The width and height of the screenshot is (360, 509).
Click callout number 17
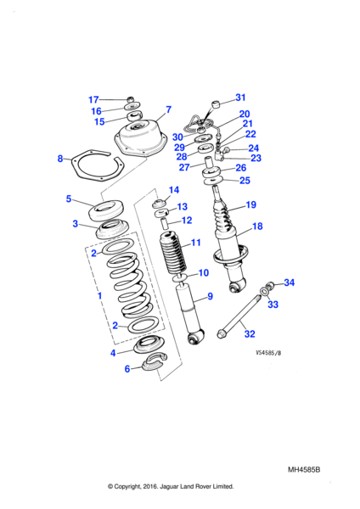tap(94, 99)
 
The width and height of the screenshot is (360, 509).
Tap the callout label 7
tap(168, 109)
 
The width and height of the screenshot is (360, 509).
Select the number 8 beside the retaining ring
tap(60, 159)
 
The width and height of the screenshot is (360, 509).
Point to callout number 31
tap(239, 97)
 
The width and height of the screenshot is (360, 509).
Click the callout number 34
tap(289, 282)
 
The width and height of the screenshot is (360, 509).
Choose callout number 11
tap(195, 243)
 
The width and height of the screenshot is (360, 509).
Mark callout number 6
tap(128, 368)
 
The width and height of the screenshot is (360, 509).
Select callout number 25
tap(245, 180)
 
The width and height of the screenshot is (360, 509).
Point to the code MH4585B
tap(308, 469)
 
